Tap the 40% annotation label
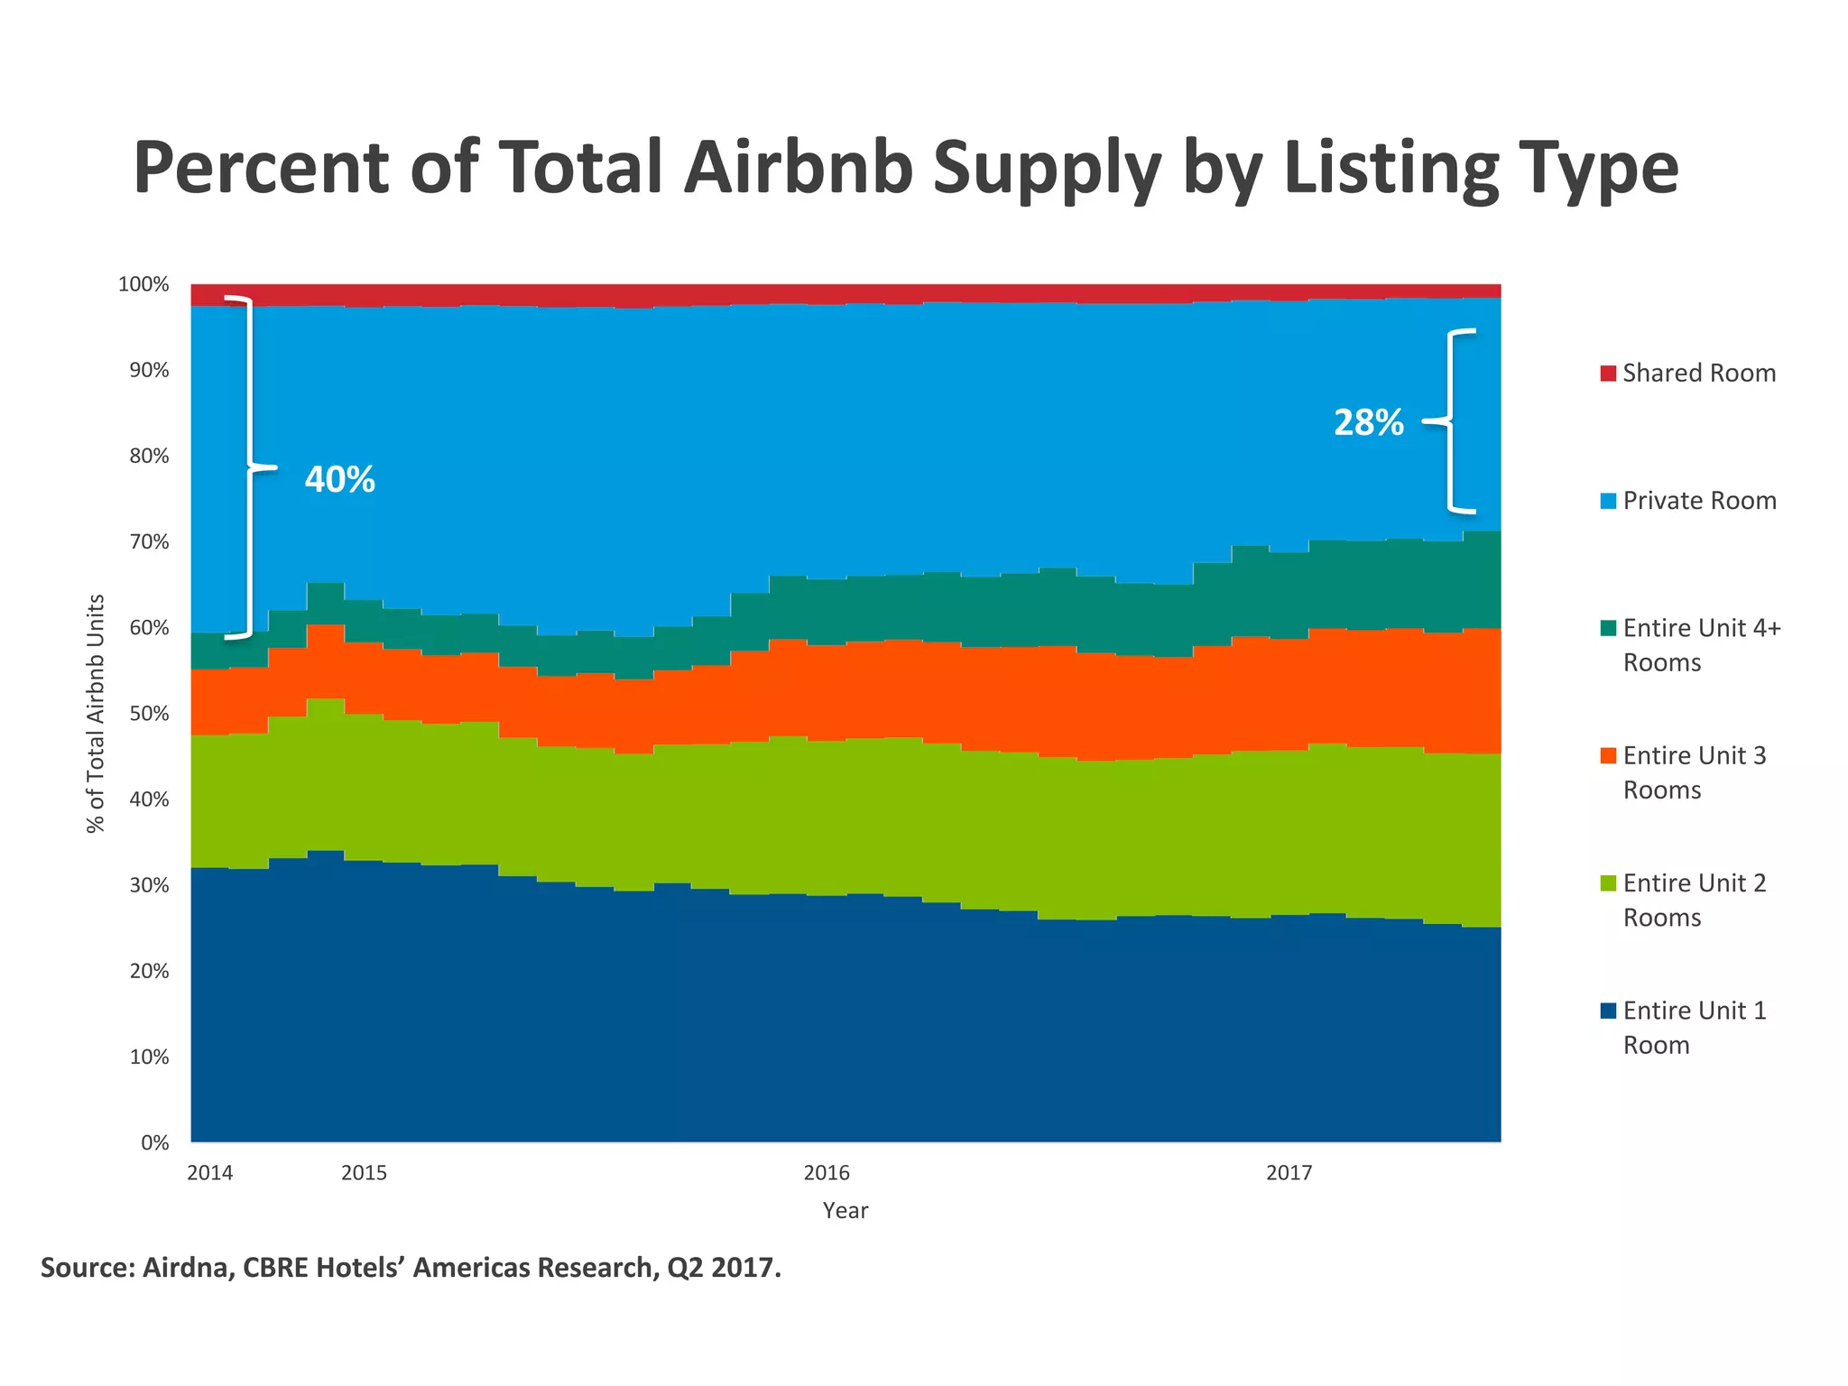click(339, 479)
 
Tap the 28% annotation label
click(1368, 422)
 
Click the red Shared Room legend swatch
click(1608, 374)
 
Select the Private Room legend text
click(1699, 501)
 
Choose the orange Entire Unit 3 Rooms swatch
click(1608, 756)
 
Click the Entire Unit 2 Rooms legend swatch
click(1608, 883)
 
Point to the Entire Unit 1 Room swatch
click(1608, 1012)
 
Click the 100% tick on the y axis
click(143, 285)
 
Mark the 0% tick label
click(154, 1143)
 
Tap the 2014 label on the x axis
click(209, 1173)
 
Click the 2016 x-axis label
click(827, 1173)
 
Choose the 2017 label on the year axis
click(1289, 1173)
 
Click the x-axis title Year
click(845, 1211)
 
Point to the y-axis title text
click(96, 713)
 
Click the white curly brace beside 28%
click(1450, 421)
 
